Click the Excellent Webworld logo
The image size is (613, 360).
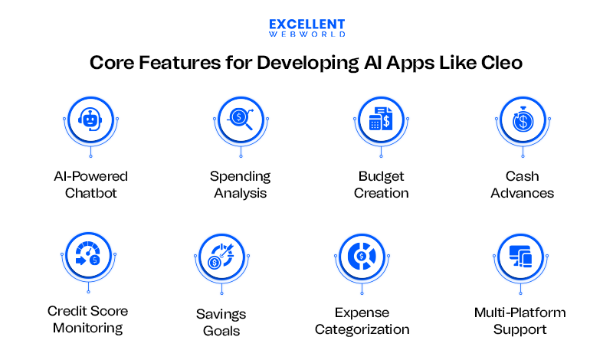point(306,28)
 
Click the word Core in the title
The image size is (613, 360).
point(114,64)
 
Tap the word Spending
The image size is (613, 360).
point(240,176)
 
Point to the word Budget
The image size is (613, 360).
point(379,176)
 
